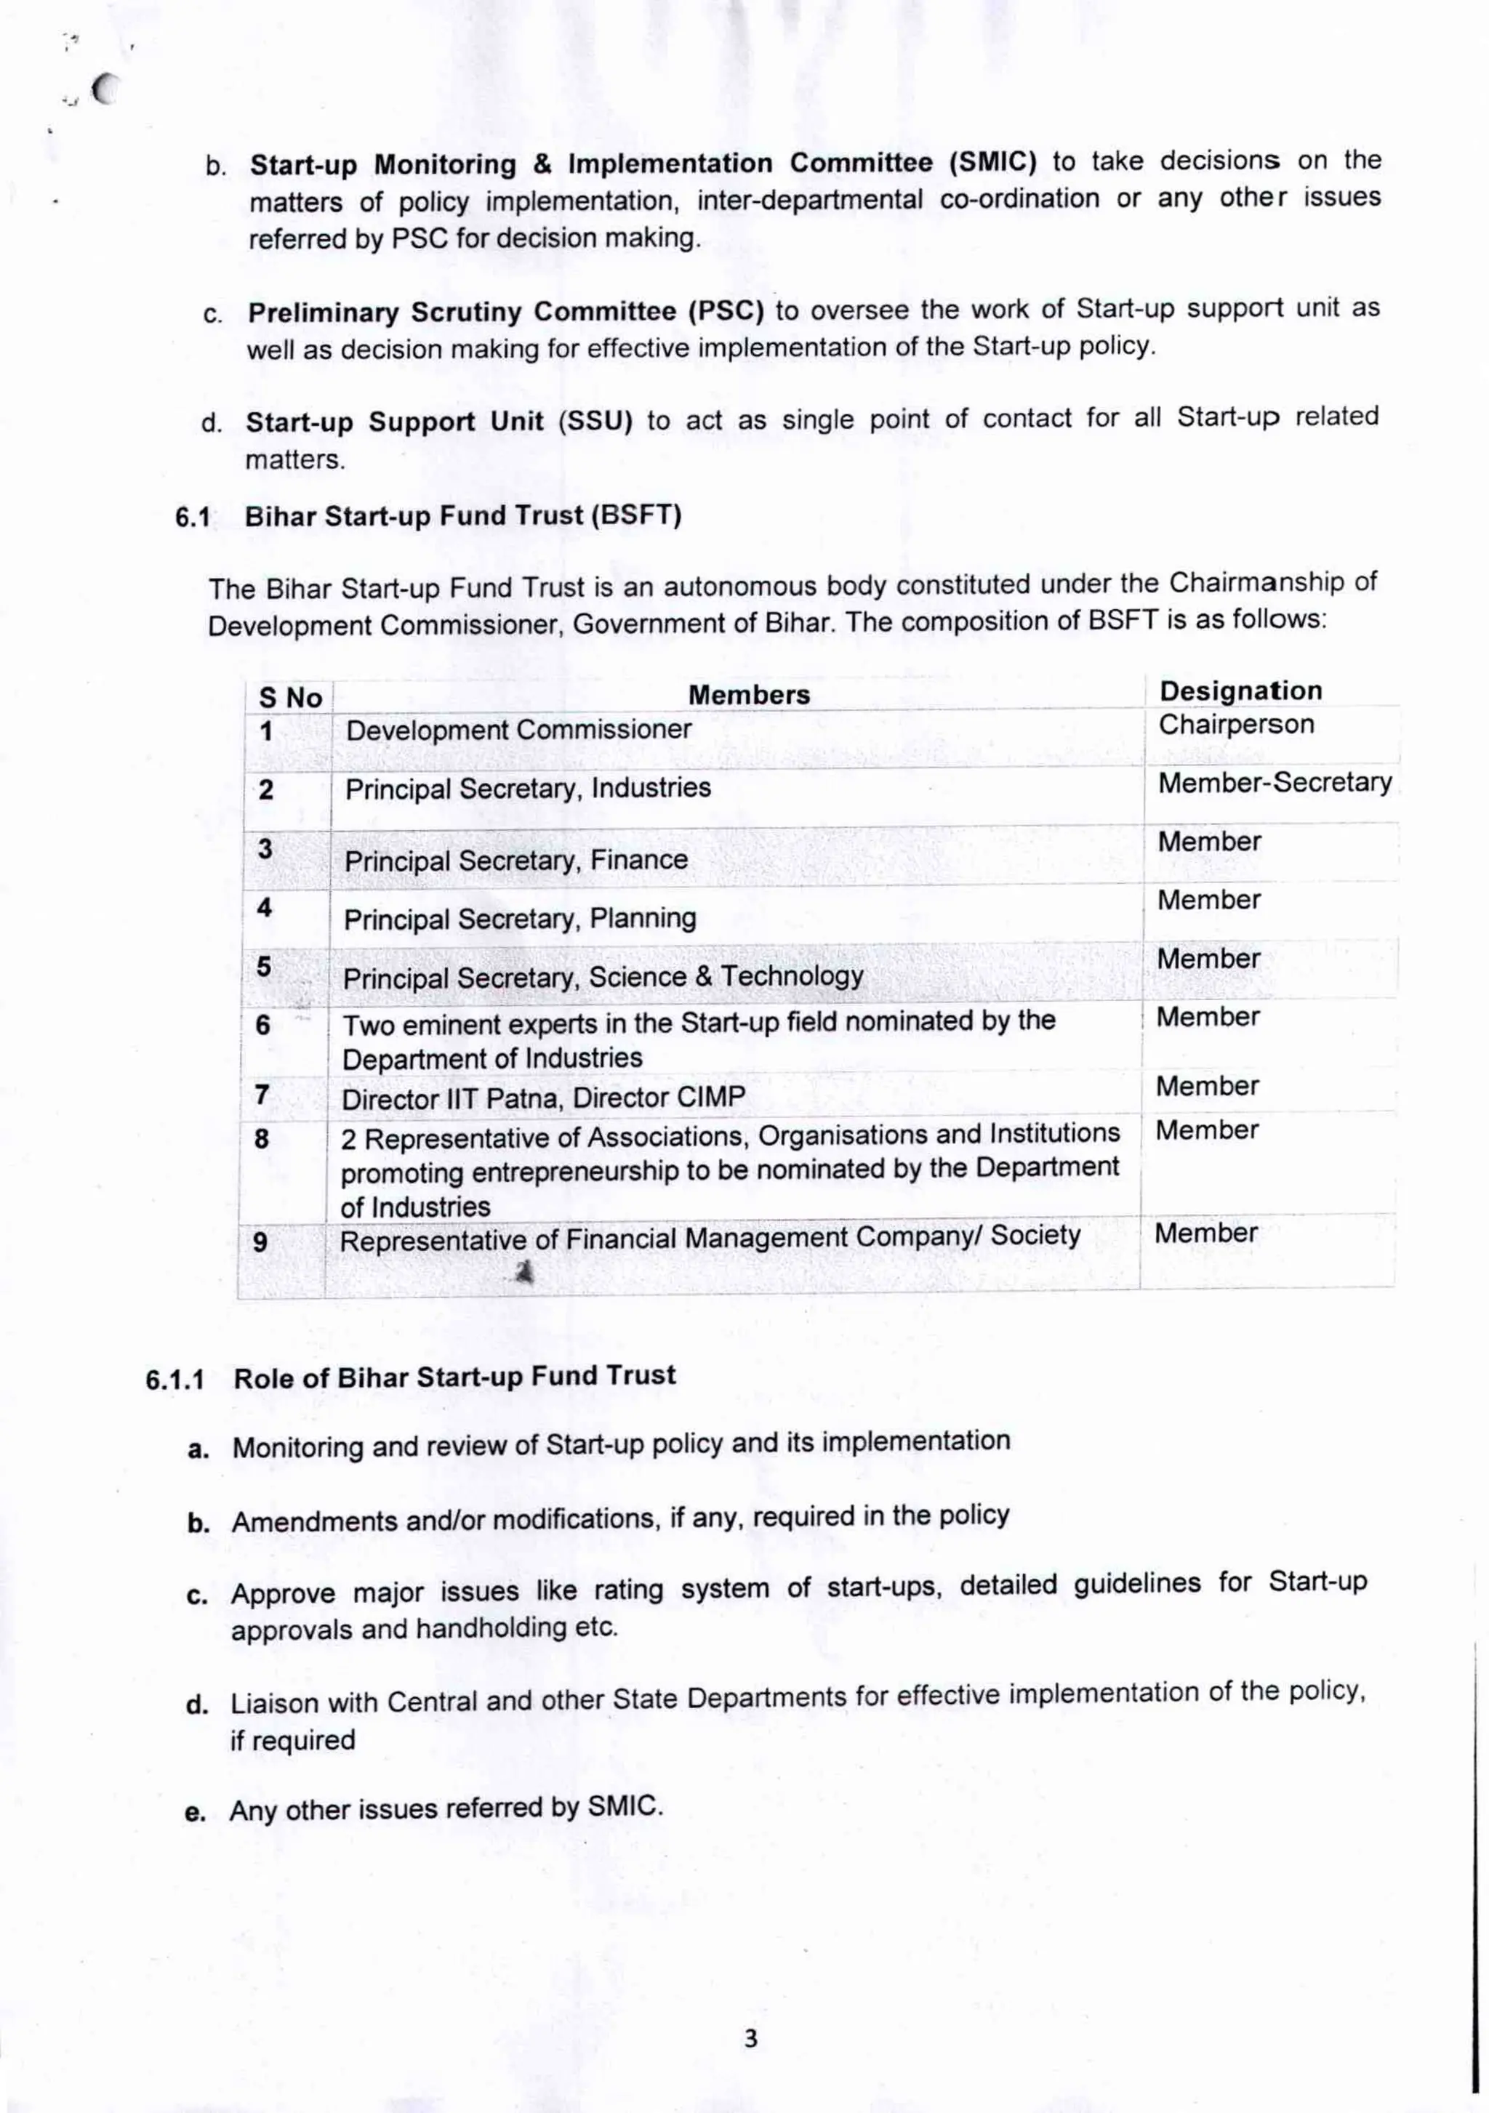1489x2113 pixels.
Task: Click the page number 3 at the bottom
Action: click(x=751, y=2038)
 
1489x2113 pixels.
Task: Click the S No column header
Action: click(x=291, y=698)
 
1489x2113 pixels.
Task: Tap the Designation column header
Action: click(x=1240, y=691)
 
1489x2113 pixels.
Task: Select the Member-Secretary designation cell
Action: click(x=1275, y=783)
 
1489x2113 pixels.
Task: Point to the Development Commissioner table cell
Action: click(x=518, y=730)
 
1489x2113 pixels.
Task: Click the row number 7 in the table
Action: click(x=262, y=1095)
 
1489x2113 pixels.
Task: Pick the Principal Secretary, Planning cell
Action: click(x=520, y=919)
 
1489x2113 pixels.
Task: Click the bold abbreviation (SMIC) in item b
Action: click(x=993, y=163)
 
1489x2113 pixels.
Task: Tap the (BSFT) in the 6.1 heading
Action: click(x=636, y=515)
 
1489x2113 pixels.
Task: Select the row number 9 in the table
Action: click(x=260, y=1242)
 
